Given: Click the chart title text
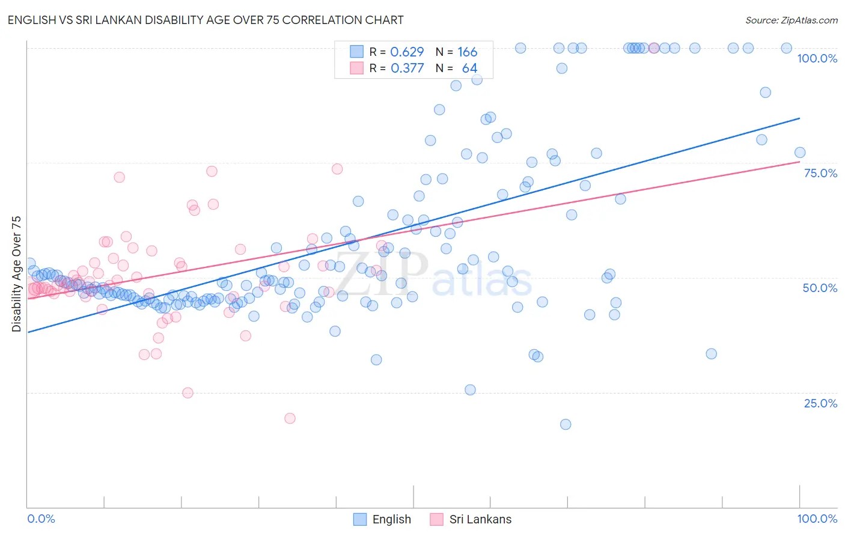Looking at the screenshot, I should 206,20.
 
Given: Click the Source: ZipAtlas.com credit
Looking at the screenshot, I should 791,20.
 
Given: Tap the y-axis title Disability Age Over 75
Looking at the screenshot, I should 16,274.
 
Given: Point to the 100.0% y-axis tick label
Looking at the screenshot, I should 817,58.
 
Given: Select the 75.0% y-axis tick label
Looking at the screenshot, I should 820,173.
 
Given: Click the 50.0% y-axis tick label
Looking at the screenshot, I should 820,288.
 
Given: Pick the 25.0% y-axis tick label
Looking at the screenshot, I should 820,403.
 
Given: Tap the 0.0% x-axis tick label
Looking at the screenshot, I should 41,519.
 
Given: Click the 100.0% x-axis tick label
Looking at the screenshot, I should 817,519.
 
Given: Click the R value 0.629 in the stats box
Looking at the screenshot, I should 407,52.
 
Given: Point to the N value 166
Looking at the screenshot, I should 467,52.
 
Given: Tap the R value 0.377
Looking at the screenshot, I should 407,68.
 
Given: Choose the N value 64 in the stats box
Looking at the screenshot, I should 469,68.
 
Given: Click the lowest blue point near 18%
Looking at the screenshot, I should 566,424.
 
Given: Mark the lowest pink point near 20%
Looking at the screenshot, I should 290,418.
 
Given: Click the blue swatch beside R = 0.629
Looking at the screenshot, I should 357,52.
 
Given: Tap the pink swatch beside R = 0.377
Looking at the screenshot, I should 357,68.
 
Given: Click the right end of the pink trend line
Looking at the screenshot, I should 799,161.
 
